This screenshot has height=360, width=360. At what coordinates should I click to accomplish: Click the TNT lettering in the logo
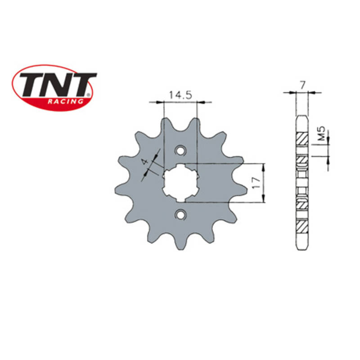(58, 84)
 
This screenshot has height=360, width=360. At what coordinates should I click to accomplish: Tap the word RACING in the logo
(65, 101)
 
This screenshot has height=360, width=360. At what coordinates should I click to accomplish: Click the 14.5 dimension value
(180, 95)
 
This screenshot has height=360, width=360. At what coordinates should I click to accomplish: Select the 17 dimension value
(256, 183)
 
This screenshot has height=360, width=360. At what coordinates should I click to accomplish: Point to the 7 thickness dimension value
(302, 85)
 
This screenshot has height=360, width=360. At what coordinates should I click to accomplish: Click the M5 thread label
(322, 133)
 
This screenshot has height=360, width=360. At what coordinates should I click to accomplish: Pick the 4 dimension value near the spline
(144, 162)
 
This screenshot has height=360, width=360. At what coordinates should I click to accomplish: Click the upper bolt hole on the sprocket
(180, 151)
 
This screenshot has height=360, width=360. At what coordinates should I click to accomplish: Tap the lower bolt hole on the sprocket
(180, 215)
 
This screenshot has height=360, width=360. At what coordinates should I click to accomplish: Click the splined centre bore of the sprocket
(181, 183)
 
